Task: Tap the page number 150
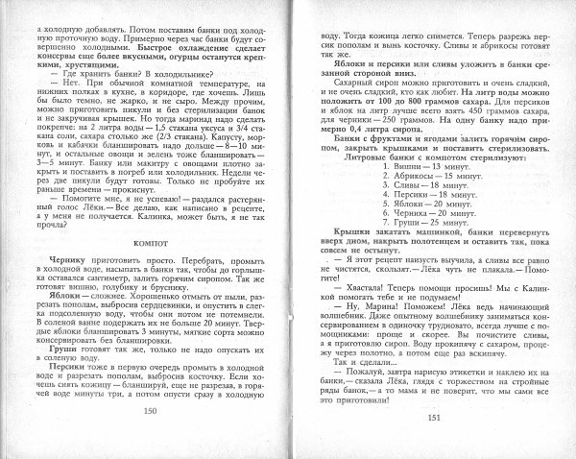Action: pyautogui.click(x=149, y=437)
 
